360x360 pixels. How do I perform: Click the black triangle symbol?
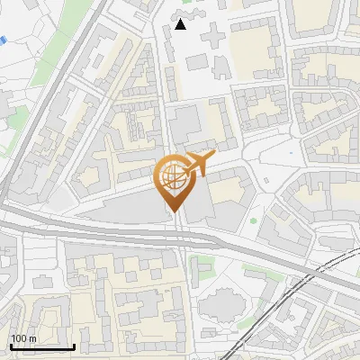point(181,24)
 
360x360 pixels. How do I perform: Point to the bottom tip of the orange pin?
point(174,211)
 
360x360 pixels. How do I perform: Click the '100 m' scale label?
point(22,338)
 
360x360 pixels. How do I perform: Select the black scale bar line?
point(42,346)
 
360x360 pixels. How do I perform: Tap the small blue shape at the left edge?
point(3,40)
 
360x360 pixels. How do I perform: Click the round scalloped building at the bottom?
point(222,301)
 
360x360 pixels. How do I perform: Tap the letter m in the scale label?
point(31,338)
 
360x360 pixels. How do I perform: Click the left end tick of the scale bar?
point(11,345)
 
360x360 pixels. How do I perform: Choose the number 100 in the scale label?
point(18,338)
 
